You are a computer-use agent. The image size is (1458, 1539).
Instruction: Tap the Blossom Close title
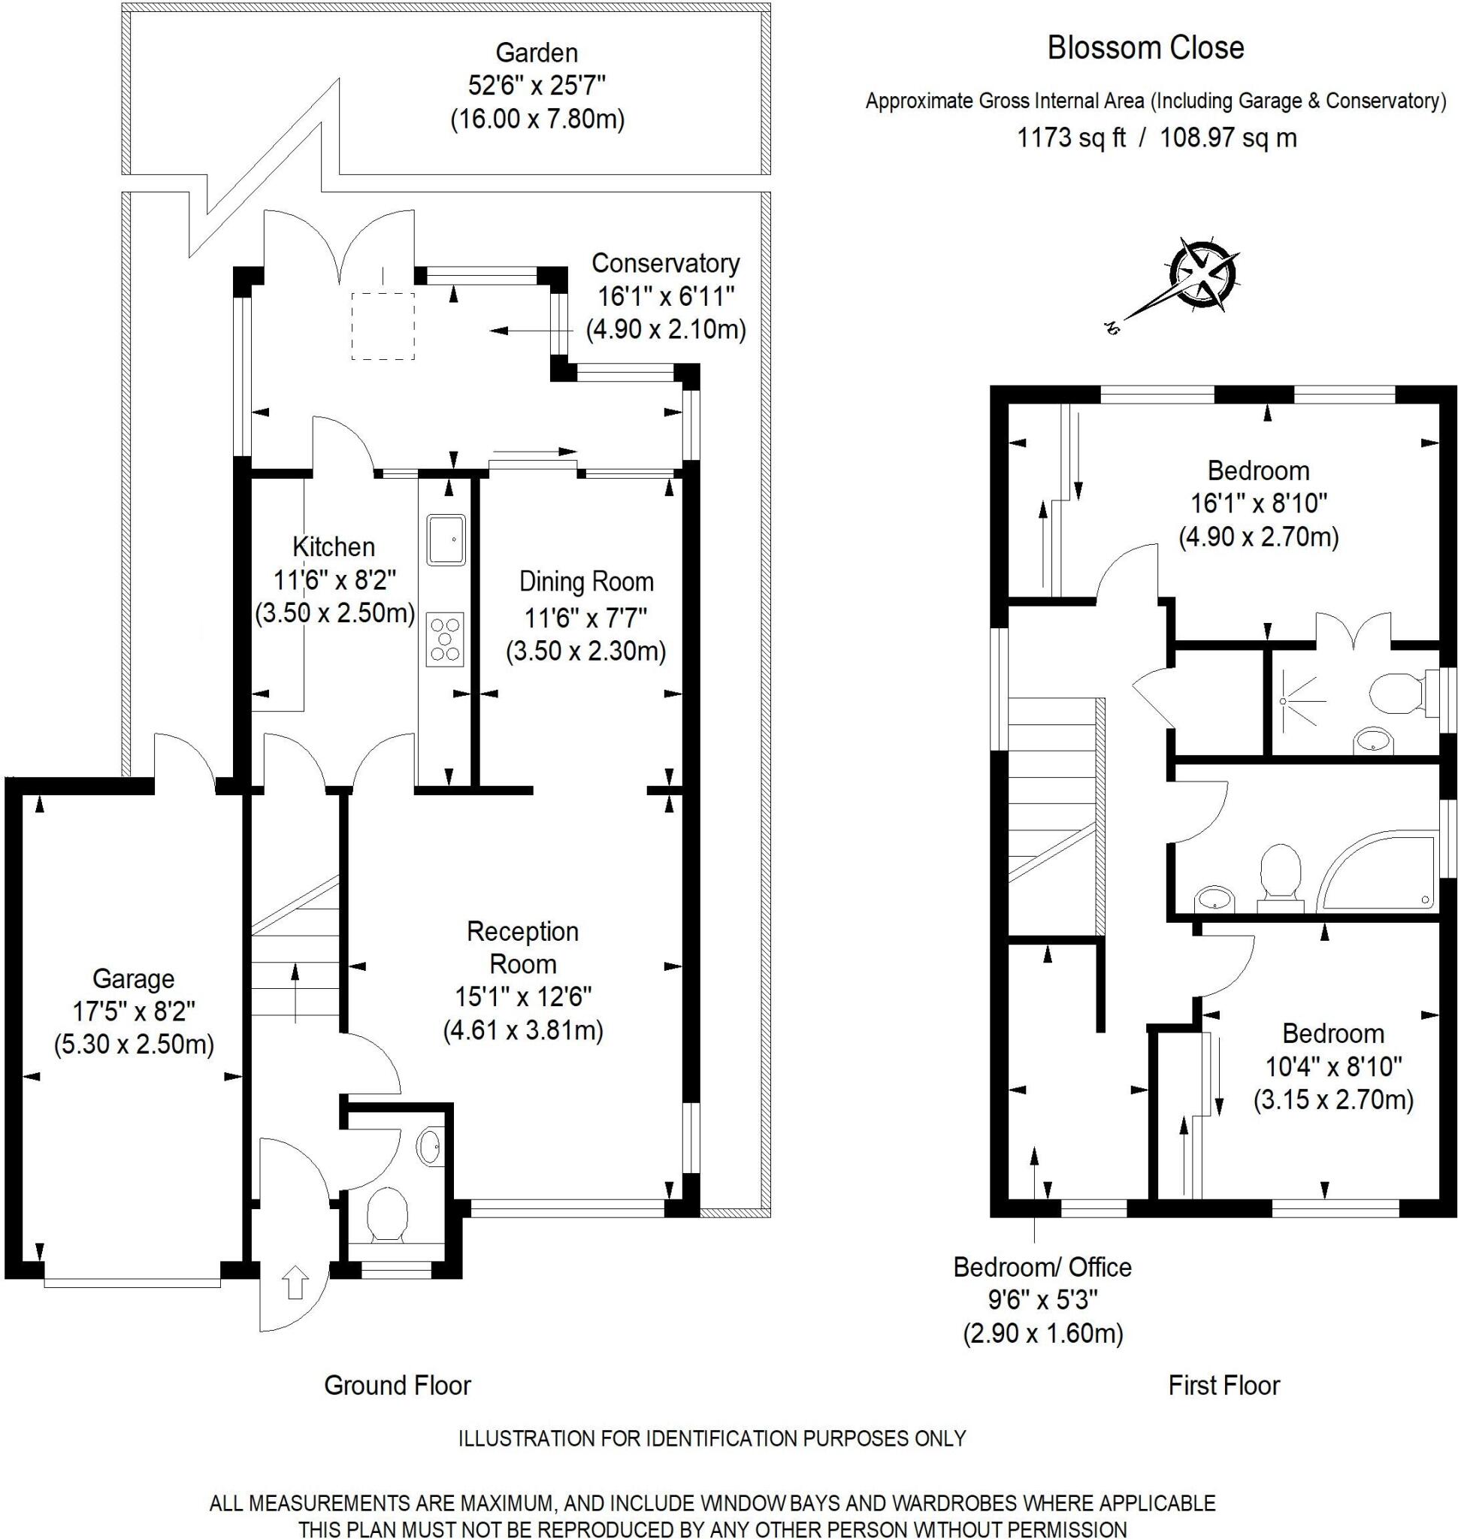coord(1145,48)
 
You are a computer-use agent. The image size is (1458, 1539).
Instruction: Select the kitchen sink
coord(445,538)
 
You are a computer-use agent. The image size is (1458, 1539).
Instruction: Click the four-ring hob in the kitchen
coord(445,639)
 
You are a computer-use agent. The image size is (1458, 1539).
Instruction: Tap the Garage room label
coord(134,978)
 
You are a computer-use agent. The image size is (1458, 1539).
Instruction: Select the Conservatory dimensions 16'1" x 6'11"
coord(665,296)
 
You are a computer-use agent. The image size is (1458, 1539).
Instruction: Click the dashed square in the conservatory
coord(383,325)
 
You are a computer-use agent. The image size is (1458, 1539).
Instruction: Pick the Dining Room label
coord(586,582)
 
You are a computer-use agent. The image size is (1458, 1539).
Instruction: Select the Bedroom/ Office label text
coord(1042,1268)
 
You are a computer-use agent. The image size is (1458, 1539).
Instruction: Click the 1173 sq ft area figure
coord(1071,138)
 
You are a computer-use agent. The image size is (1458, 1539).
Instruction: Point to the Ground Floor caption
coord(397,1385)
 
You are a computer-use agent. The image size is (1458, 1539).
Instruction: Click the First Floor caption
coord(1224,1385)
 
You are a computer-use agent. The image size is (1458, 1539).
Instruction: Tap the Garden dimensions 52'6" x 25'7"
coord(537,86)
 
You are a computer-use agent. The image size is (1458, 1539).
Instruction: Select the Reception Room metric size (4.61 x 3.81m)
coord(523,1031)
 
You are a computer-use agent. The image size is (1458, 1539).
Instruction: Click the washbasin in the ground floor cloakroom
coord(429,1147)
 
